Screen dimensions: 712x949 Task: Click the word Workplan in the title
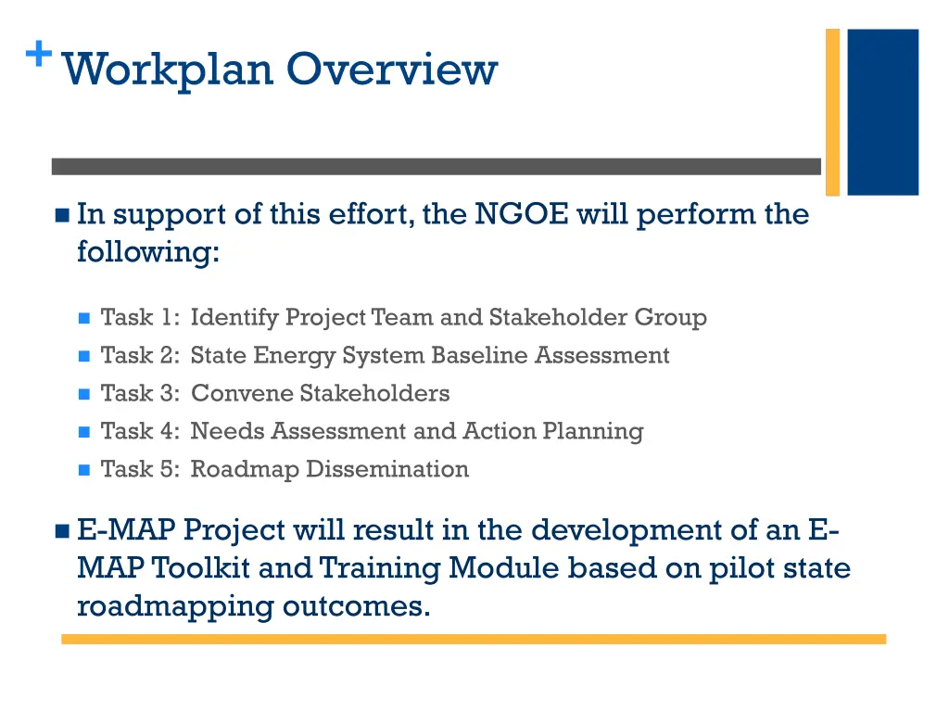coord(168,70)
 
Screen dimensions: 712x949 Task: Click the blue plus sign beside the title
coord(38,55)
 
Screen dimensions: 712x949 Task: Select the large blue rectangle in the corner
coord(882,111)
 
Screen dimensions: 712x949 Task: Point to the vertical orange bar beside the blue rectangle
coord(832,111)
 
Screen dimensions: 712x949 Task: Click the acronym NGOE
coord(522,214)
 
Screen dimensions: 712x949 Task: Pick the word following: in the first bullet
coord(148,252)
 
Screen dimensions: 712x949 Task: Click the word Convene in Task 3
coord(242,393)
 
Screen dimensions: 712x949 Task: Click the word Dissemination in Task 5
coord(387,469)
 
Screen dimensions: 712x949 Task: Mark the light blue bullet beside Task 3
coord(83,394)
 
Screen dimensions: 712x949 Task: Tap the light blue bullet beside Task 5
coord(83,470)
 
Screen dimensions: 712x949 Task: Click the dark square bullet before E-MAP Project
coord(62,531)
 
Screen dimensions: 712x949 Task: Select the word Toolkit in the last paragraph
coord(202,567)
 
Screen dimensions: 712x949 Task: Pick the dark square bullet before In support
coord(62,216)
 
